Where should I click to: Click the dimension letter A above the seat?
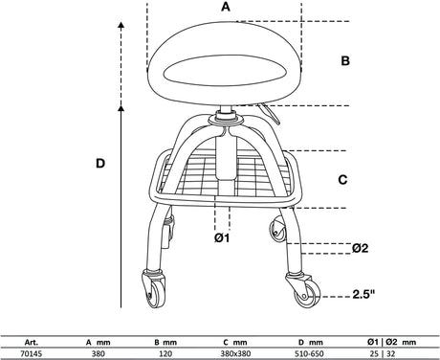pyautogui.click(x=226, y=7)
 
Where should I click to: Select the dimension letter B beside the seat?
pyautogui.click(x=345, y=60)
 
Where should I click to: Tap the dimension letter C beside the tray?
pyautogui.click(x=342, y=180)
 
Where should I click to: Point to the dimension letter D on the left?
pyautogui.click(x=100, y=164)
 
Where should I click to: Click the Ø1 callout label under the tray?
pyautogui.click(x=222, y=237)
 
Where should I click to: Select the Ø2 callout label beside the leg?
pyautogui.click(x=360, y=248)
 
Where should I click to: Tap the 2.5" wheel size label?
pyautogui.click(x=363, y=294)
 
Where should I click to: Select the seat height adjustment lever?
pyautogui.click(x=270, y=114)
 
